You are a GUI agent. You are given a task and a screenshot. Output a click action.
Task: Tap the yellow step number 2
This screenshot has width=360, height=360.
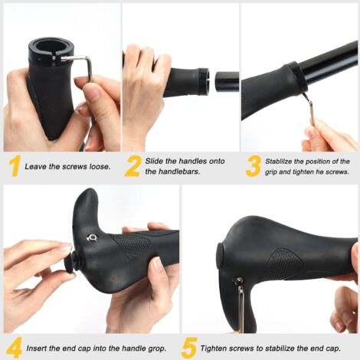click(133, 166)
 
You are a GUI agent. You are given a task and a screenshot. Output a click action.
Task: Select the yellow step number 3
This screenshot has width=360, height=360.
click(253, 166)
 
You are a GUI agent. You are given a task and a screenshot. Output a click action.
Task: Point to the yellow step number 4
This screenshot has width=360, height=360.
click(13, 347)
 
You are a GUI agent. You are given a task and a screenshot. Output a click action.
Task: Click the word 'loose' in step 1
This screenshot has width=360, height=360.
click(94, 166)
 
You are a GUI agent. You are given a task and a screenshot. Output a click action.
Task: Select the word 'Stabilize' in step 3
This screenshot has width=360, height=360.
click(283, 161)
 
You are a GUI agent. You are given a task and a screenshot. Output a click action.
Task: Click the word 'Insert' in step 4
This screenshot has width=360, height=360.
click(38, 348)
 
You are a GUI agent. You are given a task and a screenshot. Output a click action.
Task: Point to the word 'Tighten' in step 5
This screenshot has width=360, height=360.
click(215, 348)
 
